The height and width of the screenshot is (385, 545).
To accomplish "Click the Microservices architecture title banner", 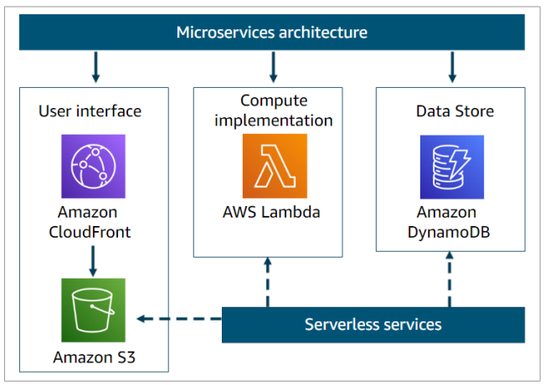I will [x=272, y=33].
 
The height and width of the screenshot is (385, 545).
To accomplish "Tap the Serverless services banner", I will [x=373, y=324].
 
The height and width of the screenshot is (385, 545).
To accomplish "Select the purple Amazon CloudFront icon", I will [x=93, y=166].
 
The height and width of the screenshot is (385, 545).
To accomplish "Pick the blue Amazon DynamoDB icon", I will [x=451, y=167].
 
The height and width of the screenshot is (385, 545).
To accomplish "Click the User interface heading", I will [x=90, y=110].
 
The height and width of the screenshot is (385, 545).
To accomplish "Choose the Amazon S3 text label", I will [x=94, y=357].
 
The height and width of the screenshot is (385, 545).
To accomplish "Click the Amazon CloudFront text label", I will [x=94, y=222].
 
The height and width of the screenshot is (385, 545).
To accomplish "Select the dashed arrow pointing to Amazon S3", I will [x=179, y=318].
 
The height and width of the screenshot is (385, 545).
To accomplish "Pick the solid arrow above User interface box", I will [x=96, y=67].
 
